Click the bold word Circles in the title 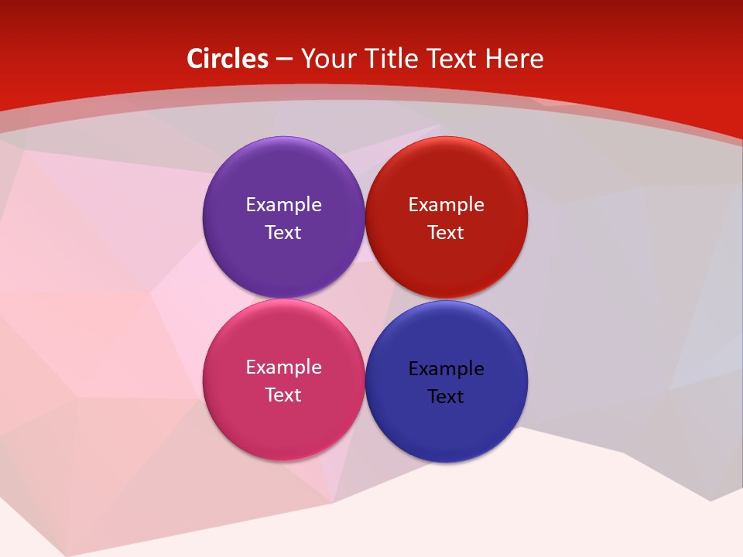228,59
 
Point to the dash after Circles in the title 284,60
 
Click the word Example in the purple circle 283,205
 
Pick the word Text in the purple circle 283,233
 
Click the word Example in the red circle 447,205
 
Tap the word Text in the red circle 447,233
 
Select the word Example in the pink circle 283,367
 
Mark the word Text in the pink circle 283,395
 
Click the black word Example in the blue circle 447,369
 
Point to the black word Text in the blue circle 447,397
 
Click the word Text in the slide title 453,59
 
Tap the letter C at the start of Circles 195,59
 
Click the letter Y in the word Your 307,59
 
